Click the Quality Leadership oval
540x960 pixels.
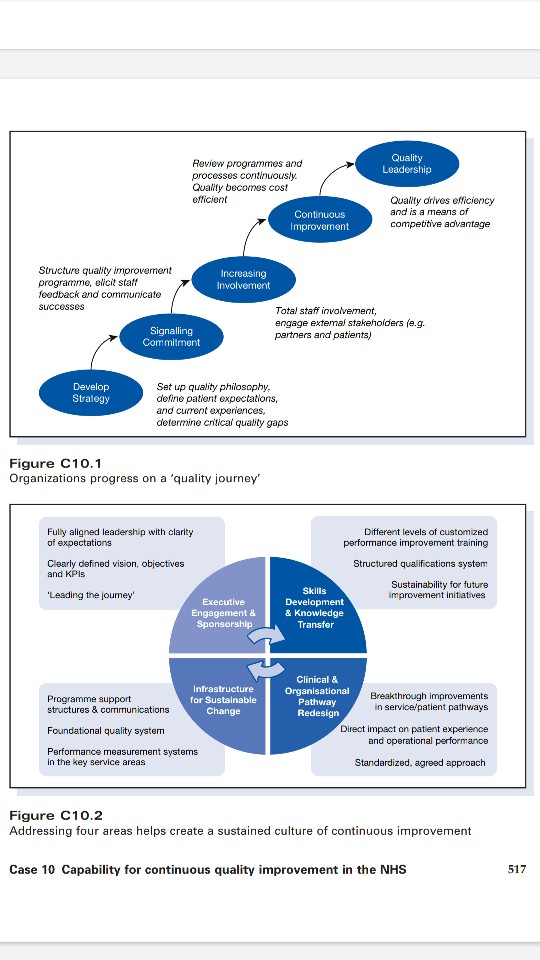[x=407, y=164]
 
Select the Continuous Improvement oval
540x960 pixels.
[x=320, y=220]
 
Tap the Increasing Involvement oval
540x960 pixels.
[x=243, y=279]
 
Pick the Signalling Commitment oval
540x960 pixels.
[x=171, y=336]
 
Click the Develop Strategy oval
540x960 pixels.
[x=91, y=392]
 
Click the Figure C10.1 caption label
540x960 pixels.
[x=55, y=463]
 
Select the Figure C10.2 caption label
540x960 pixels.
[x=55, y=816]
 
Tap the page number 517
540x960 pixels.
[x=516, y=870]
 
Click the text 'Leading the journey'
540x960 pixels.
[x=91, y=596]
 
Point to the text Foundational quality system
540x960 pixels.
[x=105, y=731]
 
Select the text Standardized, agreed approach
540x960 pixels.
[x=420, y=762]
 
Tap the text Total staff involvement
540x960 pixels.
[x=325, y=312]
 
